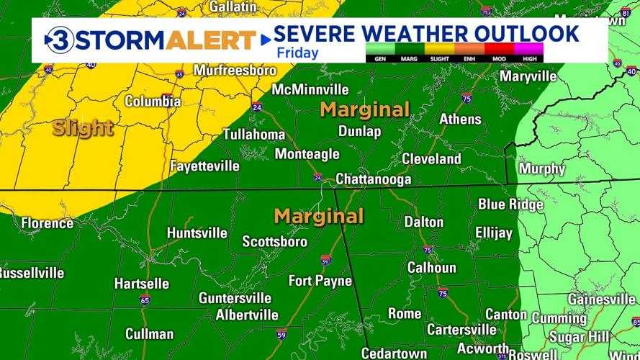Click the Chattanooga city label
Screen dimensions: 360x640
(x=374, y=179)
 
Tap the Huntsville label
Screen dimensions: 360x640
(x=197, y=233)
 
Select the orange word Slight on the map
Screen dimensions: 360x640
(x=83, y=129)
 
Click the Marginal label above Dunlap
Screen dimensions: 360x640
(x=365, y=109)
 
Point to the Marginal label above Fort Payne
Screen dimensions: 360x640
(x=319, y=216)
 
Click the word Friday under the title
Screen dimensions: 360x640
(x=294, y=52)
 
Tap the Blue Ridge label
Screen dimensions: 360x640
(x=510, y=204)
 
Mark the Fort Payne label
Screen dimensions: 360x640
(x=320, y=280)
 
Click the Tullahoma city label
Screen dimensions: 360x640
(x=253, y=135)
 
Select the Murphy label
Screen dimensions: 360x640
(x=541, y=168)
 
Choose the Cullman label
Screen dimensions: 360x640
(x=149, y=333)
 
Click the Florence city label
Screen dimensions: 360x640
(x=47, y=223)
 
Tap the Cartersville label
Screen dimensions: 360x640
(x=461, y=329)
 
